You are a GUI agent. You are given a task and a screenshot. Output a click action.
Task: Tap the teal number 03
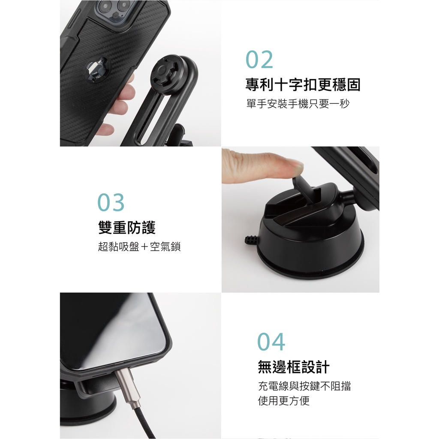pos(111,202)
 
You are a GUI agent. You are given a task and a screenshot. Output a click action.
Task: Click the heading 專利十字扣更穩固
pos(303,84)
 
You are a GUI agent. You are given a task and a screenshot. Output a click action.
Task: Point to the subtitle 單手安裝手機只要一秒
pos(298,104)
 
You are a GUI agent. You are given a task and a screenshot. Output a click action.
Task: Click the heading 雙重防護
pos(127,227)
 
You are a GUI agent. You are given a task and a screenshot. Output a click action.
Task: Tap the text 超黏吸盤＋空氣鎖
pos(139,247)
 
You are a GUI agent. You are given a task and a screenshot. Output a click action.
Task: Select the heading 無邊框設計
pos(294,367)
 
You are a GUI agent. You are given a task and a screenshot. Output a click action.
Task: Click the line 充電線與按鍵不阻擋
pos(304,386)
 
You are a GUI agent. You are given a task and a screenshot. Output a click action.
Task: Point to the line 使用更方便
pos(284,401)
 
